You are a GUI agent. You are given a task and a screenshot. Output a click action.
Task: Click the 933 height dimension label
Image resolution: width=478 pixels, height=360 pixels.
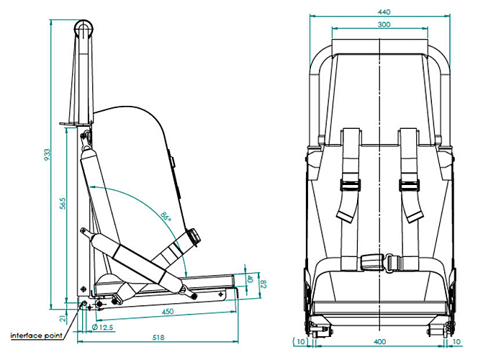[x=47, y=155]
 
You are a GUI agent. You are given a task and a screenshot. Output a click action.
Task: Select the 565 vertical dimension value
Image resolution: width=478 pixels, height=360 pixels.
[x=63, y=204]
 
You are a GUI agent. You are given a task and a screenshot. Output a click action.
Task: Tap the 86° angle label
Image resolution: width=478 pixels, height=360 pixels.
[x=166, y=216]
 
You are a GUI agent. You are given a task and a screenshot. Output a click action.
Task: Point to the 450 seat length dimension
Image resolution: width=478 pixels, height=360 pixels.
[x=168, y=312]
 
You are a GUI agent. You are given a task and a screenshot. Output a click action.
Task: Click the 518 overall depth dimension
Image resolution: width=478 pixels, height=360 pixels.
[x=158, y=338]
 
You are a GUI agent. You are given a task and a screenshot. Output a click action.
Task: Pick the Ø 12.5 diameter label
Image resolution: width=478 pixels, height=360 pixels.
[x=102, y=328]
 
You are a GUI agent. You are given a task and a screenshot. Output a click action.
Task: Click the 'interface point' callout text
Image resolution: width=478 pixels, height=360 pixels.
[x=37, y=336]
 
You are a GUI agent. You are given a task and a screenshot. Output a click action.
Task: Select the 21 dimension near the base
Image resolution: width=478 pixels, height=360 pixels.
[x=63, y=318]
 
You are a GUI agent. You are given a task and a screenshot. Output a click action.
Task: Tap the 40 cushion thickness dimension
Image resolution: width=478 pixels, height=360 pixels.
[x=250, y=279]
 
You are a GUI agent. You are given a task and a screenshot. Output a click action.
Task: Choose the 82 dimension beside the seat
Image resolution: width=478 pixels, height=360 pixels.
[x=263, y=284]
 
